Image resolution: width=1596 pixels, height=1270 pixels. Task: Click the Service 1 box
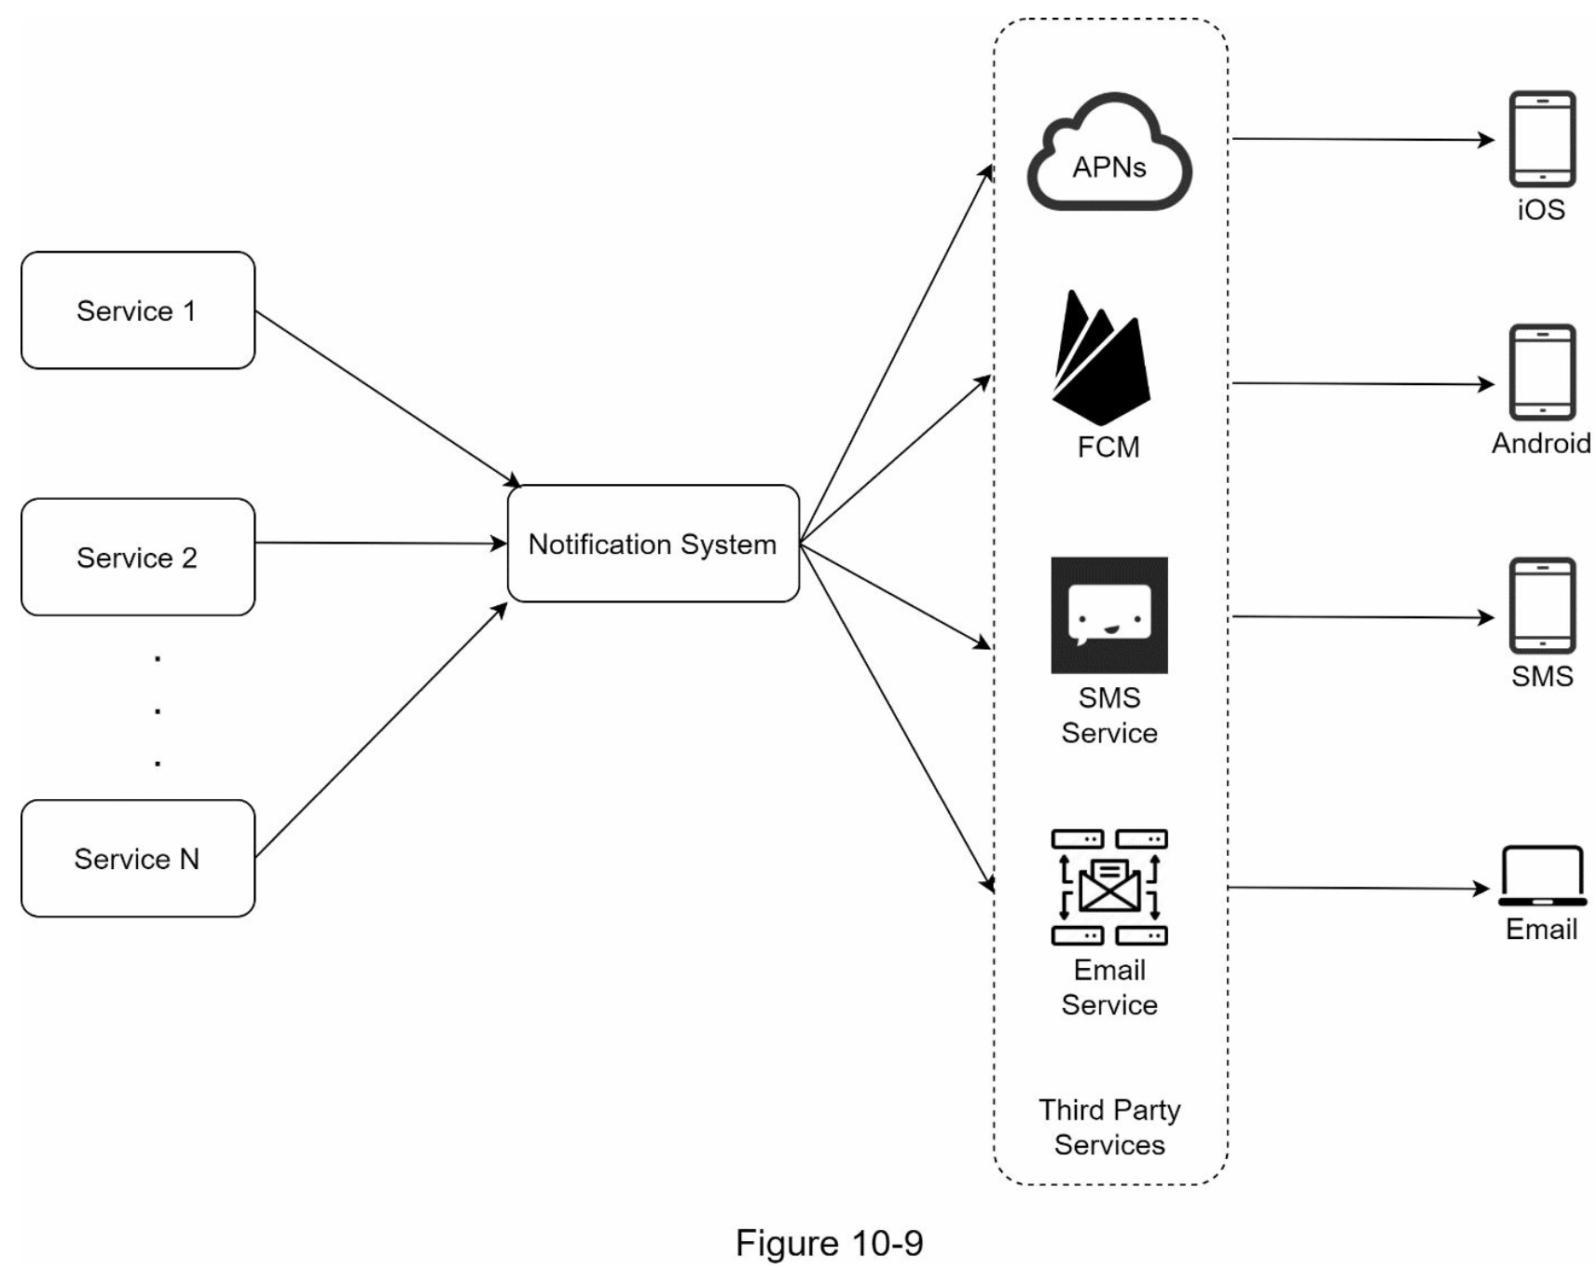click(x=138, y=311)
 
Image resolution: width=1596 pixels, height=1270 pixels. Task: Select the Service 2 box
click(x=138, y=557)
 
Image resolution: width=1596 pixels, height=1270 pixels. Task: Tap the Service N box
click(x=138, y=858)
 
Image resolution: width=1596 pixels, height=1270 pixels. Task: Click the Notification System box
click(x=654, y=544)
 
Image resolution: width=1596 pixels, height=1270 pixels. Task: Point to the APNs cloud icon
click(x=1109, y=152)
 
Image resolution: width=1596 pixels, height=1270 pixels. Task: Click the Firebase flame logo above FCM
click(x=1102, y=357)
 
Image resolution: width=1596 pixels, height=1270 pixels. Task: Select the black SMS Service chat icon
click(x=1109, y=615)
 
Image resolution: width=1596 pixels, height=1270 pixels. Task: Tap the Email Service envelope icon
click(x=1109, y=887)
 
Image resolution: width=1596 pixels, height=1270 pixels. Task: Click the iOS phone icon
click(x=1543, y=139)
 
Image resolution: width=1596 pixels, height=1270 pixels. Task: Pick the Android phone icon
click(x=1543, y=372)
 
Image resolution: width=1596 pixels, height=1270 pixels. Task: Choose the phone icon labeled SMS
click(x=1543, y=605)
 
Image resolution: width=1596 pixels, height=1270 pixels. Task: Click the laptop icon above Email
click(x=1543, y=876)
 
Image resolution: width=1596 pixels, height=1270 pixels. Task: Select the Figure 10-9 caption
click(x=829, y=1243)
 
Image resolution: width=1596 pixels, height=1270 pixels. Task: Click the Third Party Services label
click(x=1109, y=1127)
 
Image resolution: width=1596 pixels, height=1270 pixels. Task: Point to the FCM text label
click(x=1108, y=448)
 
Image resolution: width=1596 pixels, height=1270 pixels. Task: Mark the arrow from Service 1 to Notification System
click(x=388, y=399)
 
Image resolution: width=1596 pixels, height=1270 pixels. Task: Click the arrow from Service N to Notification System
click(x=381, y=730)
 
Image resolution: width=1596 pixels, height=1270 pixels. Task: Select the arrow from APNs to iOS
click(x=1363, y=140)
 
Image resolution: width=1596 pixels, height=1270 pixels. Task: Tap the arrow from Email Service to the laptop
click(x=1359, y=888)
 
